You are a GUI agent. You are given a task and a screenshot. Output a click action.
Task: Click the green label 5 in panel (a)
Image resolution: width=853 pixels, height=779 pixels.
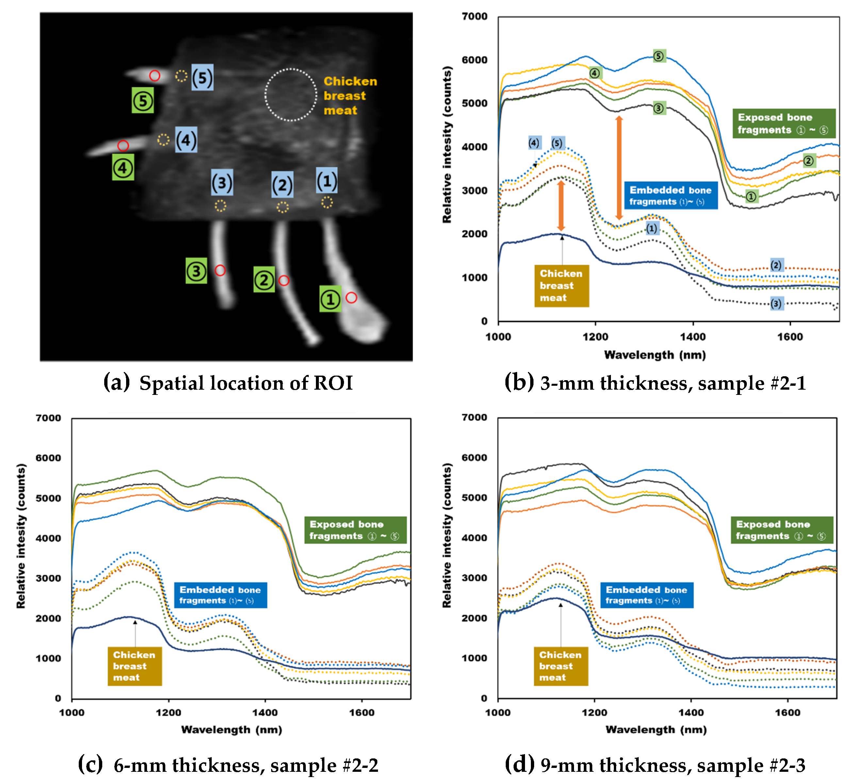[142, 101]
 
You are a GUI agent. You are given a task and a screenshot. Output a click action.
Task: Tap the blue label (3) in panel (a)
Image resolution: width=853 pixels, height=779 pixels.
[222, 183]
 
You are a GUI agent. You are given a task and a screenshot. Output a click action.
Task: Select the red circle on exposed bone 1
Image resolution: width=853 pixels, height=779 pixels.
[351, 297]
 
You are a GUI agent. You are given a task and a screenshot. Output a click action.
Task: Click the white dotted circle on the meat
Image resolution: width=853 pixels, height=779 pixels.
[291, 95]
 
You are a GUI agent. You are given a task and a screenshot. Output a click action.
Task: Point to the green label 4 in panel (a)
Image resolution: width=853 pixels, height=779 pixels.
[123, 168]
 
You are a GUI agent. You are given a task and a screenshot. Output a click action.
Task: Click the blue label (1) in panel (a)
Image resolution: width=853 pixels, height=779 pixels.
[327, 181]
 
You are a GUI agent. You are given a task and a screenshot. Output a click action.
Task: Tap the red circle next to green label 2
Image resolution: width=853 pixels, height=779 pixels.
[284, 280]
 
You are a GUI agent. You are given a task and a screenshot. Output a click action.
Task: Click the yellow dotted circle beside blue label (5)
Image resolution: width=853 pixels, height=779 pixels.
[181, 76]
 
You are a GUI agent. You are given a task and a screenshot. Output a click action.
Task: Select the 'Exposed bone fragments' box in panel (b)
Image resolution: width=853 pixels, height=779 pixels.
[784, 123]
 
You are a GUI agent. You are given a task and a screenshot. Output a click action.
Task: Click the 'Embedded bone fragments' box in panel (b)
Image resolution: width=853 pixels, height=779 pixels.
[670, 195]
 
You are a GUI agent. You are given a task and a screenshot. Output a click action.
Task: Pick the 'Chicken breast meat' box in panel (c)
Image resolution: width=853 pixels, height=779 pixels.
[135, 666]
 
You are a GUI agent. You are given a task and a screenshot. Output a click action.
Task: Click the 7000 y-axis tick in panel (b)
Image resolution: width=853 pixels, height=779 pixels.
[474, 17]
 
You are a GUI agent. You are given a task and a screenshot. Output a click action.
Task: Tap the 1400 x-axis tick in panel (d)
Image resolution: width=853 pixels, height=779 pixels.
[691, 713]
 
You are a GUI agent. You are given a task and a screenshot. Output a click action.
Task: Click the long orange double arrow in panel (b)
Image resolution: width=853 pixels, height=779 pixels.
[618, 168]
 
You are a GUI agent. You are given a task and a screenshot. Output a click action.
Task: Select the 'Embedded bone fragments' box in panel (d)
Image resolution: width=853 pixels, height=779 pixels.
[647, 595]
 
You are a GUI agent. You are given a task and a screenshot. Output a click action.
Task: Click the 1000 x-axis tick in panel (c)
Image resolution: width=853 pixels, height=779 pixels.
[72, 713]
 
